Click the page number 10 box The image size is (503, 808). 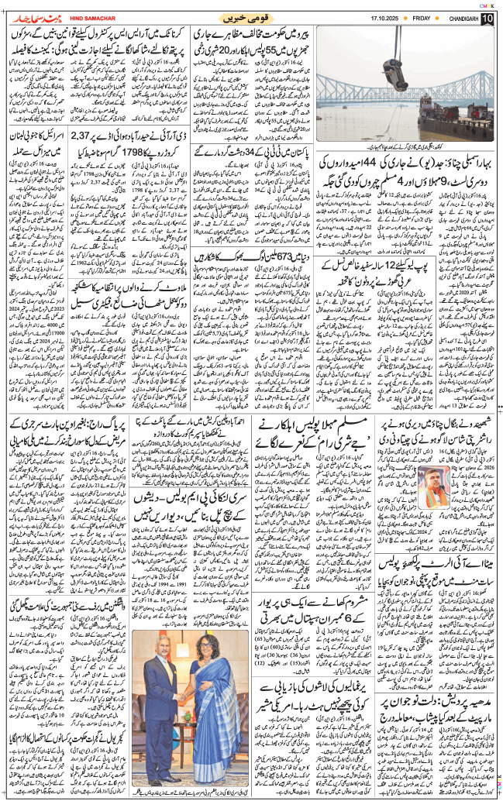[487, 19]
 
